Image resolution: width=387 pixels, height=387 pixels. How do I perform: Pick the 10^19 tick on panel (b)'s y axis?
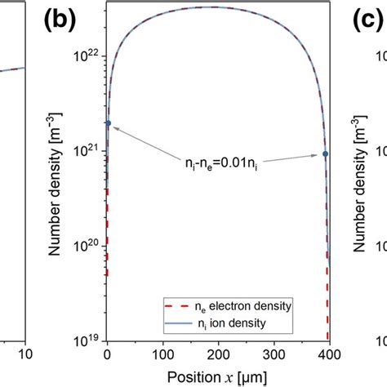pyautogui.click(x=87, y=340)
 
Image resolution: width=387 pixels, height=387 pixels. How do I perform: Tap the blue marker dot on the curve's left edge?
pyautogui.click(x=108, y=123)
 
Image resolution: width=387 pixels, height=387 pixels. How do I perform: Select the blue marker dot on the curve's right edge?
pyautogui.click(x=326, y=153)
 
